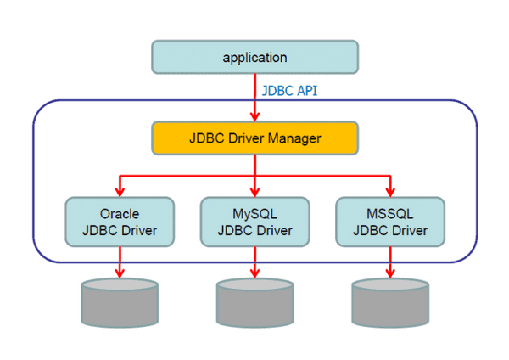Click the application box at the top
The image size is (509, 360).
tap(255, 58)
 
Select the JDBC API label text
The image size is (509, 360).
tap(289, 89)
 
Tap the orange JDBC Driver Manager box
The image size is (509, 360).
tap(255, 138)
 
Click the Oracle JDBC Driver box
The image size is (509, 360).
tap(120, 222)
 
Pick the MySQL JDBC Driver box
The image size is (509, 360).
tap(255, 222)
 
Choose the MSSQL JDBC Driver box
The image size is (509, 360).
tap(390, 222)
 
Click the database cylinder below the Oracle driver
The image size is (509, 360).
tap(120, 304)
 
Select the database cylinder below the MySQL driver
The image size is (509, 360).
tap(255, 304)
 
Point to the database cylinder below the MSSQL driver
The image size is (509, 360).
tap(390, 304)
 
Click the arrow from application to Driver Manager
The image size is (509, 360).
tap(255, 98)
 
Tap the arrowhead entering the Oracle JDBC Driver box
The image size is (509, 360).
tap(120, 191)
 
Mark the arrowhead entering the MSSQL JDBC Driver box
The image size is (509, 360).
tap(390, 191)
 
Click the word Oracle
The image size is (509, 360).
tap(120, 213)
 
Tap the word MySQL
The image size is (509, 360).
tap(255, 213)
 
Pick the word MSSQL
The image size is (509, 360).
tap(390, 213)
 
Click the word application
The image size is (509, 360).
tap(255, 58)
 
